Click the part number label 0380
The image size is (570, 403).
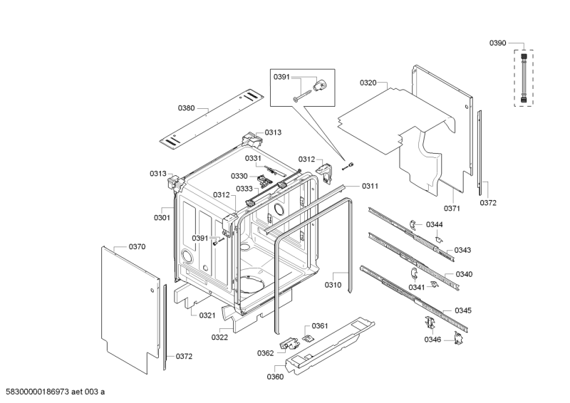click(x=186, y=108)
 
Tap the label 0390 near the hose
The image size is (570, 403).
click(x=497, y=43)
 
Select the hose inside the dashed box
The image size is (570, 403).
click(x=524, y=78)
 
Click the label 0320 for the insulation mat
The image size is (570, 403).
click(x=368, y=83)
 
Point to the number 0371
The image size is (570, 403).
click(x=452, y=208)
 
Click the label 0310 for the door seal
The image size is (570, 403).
click(x=333, y=285)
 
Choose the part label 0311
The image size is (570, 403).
click(x=370, y=186)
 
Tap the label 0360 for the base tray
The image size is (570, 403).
click(x=275, y=377)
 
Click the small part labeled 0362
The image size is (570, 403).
click(x=289, y=343)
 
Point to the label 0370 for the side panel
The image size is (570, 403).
click(x=137, y=247)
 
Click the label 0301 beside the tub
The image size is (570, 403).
click(x=162, y=218)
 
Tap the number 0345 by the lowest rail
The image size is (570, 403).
click(x=463, y=310)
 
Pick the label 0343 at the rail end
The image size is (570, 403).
click(x=462, y=250)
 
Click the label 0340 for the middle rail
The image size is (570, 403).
click(x=464, y=274)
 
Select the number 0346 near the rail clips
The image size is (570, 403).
click(x=432, y=340)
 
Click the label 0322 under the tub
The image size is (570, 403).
click(x=219, y=337)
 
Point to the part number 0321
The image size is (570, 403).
click(x=207, y=315)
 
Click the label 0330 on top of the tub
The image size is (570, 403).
click(x=239, y=177)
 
